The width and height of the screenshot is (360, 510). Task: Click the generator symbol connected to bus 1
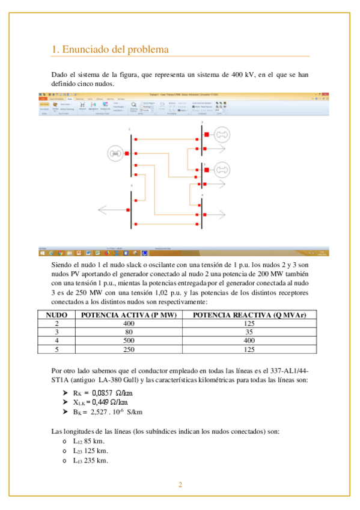pos(114,154)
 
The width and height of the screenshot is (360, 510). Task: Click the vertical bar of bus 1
pos(130,154)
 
